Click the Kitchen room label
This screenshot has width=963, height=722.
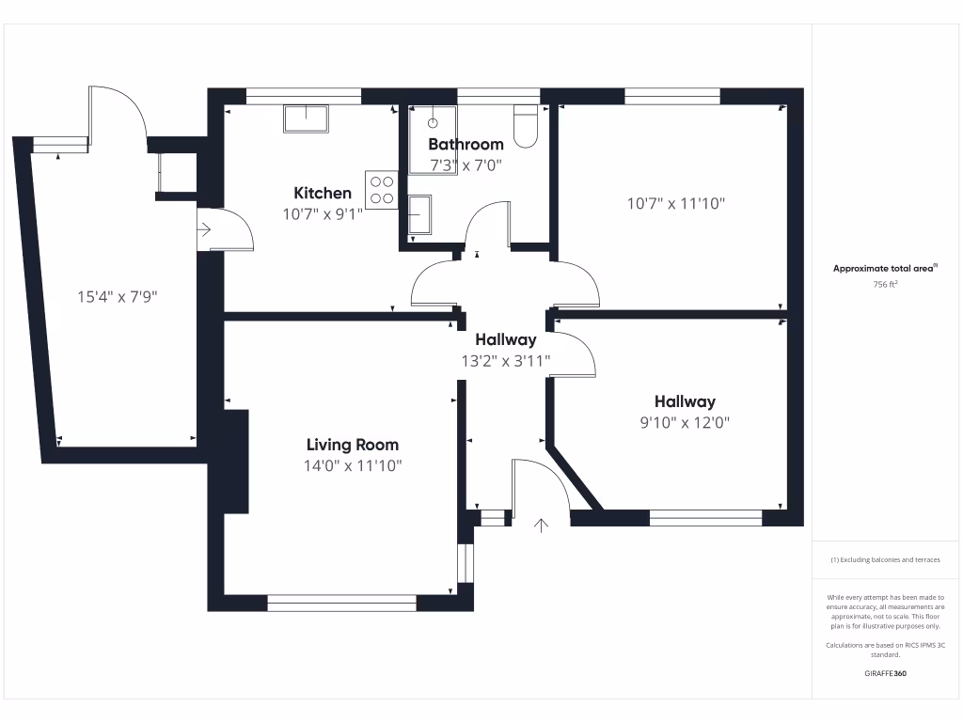[323, 193]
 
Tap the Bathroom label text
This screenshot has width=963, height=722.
[466, 144]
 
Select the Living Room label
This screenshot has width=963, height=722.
[353, 445]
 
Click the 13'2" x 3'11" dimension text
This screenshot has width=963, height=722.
[505, 360]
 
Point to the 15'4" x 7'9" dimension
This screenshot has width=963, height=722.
[117, 297]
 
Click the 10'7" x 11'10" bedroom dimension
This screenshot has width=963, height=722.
[676, 203]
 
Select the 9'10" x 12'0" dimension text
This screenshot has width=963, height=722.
[685, 423]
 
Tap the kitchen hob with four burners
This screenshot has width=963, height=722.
[382, 190]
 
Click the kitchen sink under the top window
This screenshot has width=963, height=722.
[306, 118]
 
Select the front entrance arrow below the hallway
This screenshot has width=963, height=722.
[541, 525]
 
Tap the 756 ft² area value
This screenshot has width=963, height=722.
[884, 283]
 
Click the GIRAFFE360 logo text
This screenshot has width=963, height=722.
[884, 673]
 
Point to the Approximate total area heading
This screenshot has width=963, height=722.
[884, 268]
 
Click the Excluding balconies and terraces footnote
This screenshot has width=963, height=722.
[884, 559]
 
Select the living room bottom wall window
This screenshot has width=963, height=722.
[341, 603]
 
